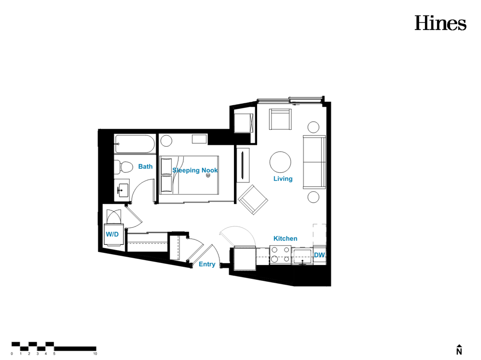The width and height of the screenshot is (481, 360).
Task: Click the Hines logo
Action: [440, 23]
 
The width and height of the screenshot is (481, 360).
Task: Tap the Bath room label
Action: [145, 166]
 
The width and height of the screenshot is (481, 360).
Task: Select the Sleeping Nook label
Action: [195, 170]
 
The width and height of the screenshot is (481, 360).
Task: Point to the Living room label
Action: [283, 179]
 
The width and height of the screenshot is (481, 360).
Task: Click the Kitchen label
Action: [285, 238]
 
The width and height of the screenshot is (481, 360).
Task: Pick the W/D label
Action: [112, 234]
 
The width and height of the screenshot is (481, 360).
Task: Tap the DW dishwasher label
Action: [319, 255]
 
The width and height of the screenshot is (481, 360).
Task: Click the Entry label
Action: [207, 264]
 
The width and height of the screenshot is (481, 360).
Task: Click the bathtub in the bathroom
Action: [135, 144]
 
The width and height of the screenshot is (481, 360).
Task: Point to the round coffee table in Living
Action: [280, 162]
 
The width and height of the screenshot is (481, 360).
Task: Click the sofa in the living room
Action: [315, 162]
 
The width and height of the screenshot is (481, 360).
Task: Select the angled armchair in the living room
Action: [253, 199]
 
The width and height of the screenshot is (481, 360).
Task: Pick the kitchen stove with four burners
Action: [280, 255]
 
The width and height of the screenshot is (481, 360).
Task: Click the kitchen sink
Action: [302, 257]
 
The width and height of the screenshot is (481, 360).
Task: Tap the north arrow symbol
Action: [459, 349]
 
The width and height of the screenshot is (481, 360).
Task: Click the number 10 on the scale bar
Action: [95, 354]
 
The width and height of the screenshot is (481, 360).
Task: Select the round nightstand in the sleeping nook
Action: [166, 141]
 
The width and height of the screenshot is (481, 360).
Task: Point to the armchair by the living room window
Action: [280, 119]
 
